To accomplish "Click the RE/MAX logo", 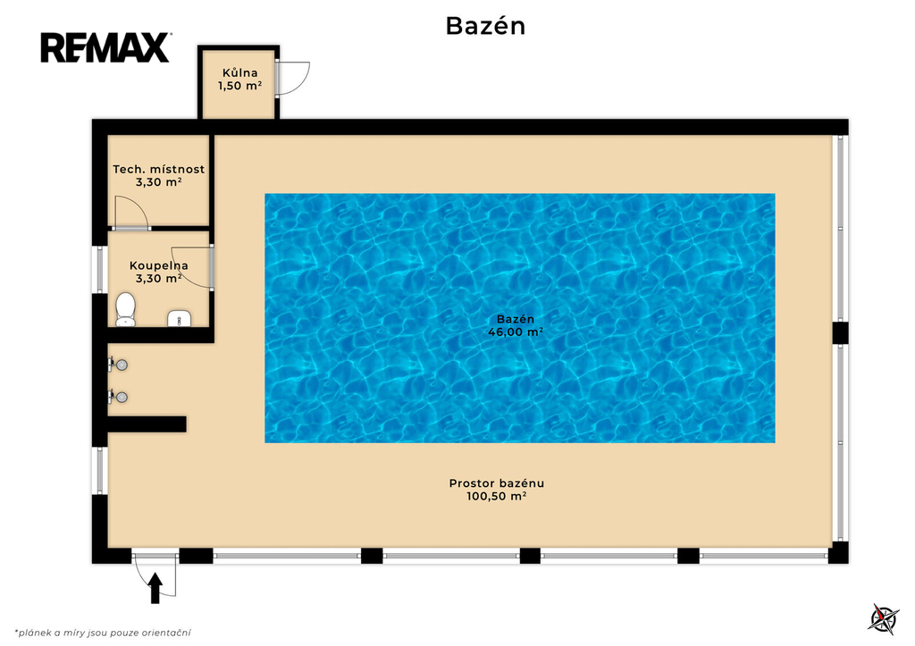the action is (x=105, y=47).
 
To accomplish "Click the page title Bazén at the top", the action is (x=485, y=26).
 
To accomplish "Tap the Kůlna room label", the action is (x=239, y=73).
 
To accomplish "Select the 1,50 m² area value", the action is (x=239, y=86).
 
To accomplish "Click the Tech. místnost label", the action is (x=159, y=169).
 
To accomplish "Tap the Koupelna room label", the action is (x=159, y=265).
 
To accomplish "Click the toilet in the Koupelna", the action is (x=125, y=309).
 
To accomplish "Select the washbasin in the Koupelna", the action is (x=180, y=318).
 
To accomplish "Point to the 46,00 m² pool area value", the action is (x=516, y=332).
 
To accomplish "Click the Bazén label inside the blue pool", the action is (x=516, y=319).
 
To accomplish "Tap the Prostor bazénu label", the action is (x=497, y=483).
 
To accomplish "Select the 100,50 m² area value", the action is (x=497, y=497).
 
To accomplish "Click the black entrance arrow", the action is (x=155, y=588).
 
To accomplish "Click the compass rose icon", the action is (x=884, y=619).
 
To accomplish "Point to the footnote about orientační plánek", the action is (x=103, y=633).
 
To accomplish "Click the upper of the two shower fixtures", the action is (x=118, y=365).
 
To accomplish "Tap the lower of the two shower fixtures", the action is (x=118, y=397).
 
